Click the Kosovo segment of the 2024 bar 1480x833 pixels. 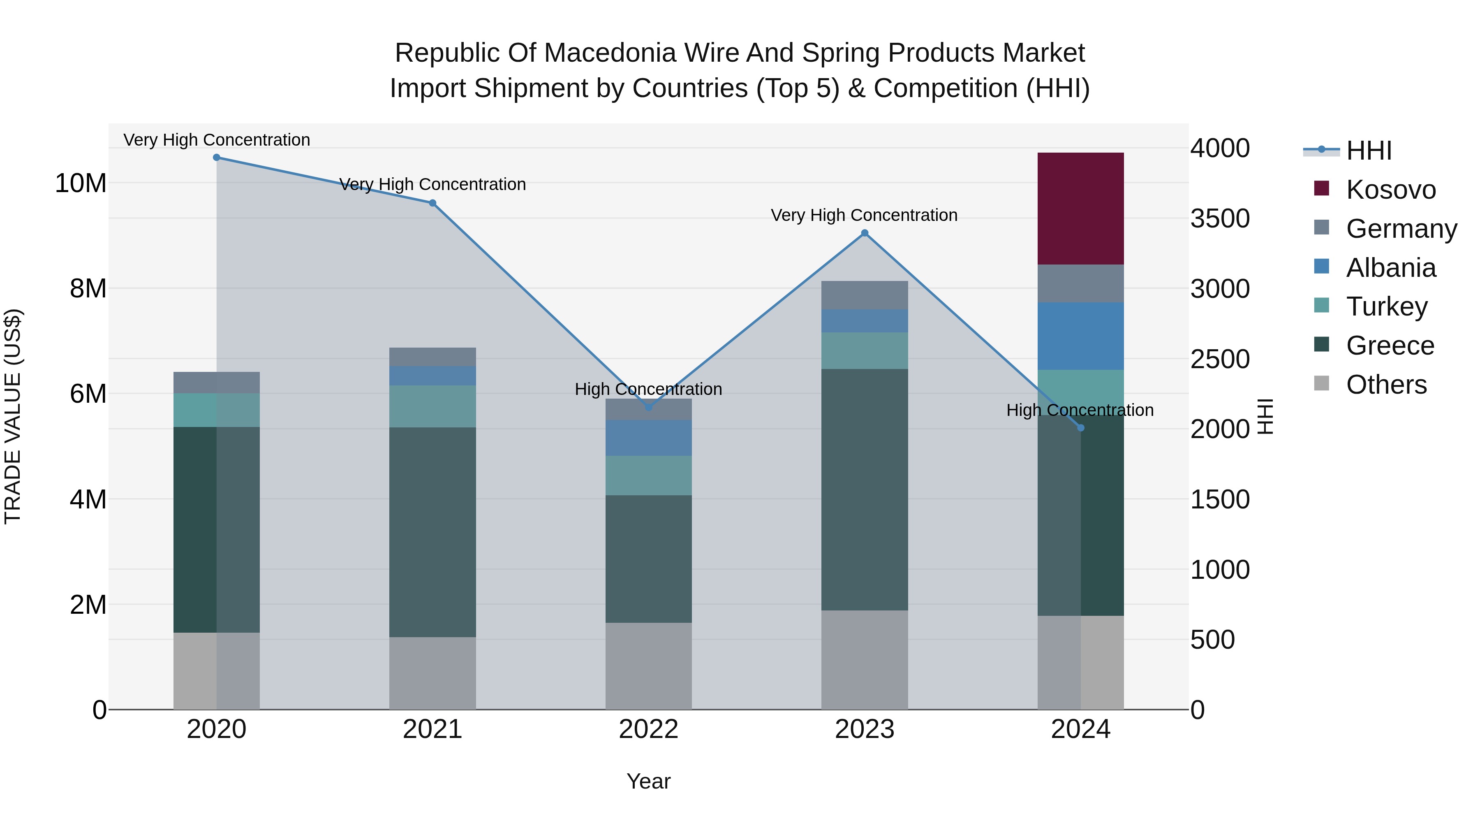click(1080, 208)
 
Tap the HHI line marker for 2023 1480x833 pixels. click(864, 233)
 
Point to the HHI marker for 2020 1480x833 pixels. click(217, 158)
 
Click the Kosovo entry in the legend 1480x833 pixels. click(1390, 190)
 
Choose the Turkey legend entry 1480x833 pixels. click(1386, 306)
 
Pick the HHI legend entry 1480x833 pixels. click(1369, 151)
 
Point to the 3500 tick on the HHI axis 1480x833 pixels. click(1219, 218)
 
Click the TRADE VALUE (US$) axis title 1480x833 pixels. click(13, 416)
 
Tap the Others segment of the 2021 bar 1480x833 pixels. click(432, 673)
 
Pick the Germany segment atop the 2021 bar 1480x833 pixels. click(432, 356)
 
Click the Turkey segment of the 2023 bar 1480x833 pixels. click(864, 350)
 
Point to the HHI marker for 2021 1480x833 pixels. click(432, 203)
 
